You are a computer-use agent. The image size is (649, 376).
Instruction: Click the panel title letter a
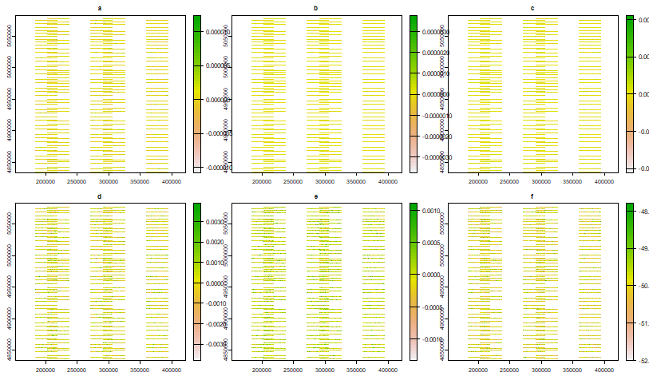(99, 8)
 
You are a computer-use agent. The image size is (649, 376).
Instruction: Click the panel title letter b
(315, 8)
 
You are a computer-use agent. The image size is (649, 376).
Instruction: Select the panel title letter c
(532, 8)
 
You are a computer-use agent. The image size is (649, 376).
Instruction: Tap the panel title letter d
(99, 196)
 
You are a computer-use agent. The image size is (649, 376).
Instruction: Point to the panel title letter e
(315, 196)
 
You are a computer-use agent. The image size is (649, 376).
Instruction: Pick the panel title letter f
(532, 196)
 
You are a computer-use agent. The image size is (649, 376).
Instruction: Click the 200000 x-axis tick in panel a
(47, 182)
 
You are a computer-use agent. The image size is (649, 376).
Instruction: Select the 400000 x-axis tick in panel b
(389, 182)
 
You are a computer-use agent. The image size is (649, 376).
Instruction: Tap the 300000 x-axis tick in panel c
(541, 182)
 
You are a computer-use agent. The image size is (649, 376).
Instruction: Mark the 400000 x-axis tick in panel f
(605, 370)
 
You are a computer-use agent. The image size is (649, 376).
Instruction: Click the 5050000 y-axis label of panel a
(10, 37)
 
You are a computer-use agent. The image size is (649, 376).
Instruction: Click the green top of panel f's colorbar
(629, 209)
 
